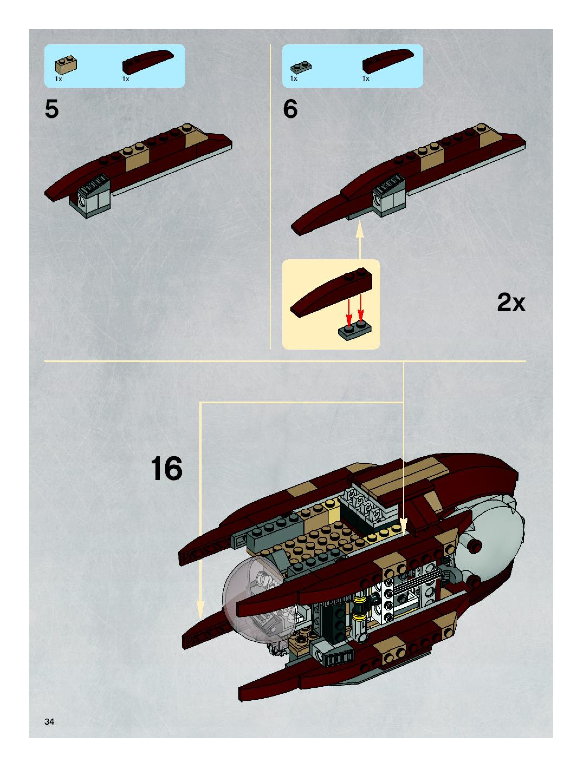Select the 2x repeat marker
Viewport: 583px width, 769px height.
tap(511, 303)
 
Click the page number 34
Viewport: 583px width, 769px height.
tap(49, 722)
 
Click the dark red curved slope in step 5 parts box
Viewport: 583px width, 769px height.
tap(148, 62)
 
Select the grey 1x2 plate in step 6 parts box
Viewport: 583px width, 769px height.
tap(301, 67)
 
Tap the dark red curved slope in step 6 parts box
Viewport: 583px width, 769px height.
tap(387, 61)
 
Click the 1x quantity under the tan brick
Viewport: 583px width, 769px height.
tap(59, 79)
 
